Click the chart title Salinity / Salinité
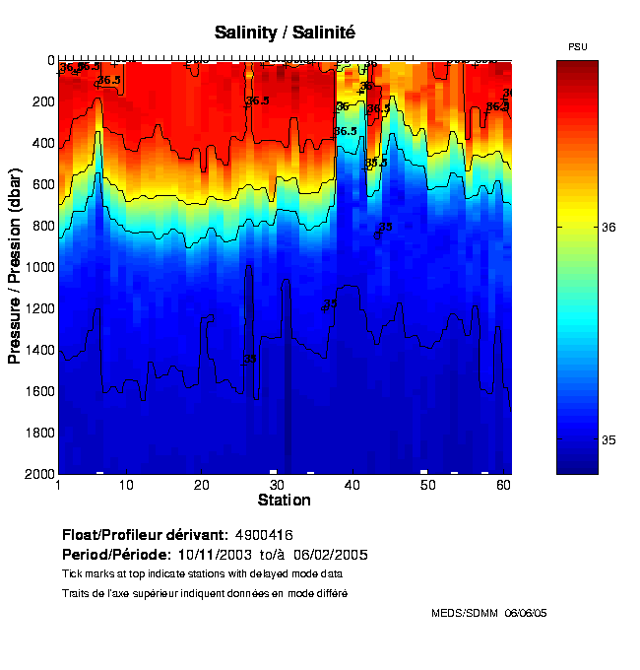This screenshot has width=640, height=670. pos(285,33)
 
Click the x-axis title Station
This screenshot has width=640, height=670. pos(284,501)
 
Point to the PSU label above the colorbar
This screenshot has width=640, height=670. pos(578,47)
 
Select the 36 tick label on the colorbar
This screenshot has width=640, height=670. pos(609,227)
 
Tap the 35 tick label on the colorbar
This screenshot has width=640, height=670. pos(609,439)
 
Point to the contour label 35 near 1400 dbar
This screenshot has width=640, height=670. pos(250,359)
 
